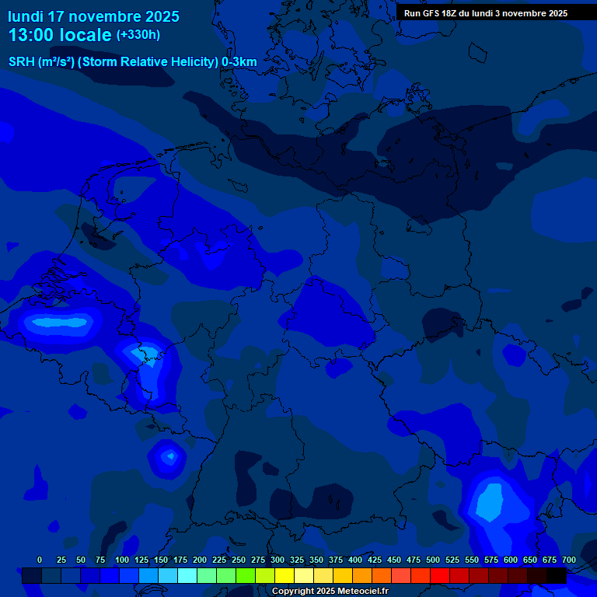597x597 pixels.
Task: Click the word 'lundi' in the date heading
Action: pos(26,16)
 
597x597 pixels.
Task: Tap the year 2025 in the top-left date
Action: pos(162,16)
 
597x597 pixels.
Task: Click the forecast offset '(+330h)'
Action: pos(138,35)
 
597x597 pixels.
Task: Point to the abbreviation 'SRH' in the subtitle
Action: pos(22,61)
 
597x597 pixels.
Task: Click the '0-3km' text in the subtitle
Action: pos(239,61)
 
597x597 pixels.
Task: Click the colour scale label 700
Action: pos(568,560)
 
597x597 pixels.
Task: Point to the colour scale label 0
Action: pos(40,560)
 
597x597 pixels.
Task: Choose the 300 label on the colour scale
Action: pos(278,560)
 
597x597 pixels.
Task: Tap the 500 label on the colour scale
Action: pos(433,560)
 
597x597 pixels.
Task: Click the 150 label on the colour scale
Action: pos(161,560)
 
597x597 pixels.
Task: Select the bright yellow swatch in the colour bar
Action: pos(285,575)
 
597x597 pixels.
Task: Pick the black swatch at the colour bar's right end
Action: pos(557,575)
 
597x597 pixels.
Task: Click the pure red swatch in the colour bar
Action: pos(440,575)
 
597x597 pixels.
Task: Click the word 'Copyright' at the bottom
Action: pos(295,592)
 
